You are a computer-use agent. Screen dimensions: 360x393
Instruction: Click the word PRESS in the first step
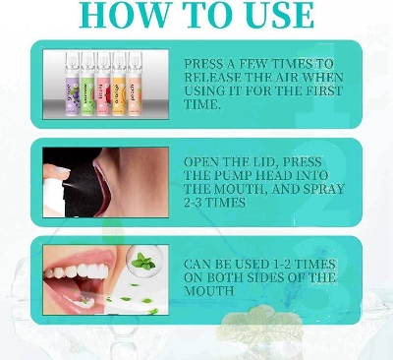point(207,63)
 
